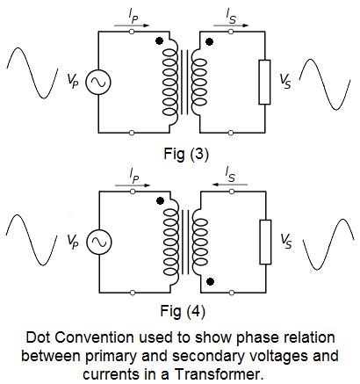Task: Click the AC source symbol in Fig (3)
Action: tap(98, 82)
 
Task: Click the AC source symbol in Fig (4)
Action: tap(99, 242)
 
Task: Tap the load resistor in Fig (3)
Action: tap(264, 82)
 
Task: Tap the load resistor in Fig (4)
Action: tap(265, 242)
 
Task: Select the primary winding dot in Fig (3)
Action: tap(159, 41)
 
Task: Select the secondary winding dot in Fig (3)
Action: tap(209, 42)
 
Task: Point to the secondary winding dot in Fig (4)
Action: tap(210, 281)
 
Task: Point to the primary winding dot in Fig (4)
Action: tap(160, 200)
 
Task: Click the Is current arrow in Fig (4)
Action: tap(230, 185)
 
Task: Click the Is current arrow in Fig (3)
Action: tap(231, 25)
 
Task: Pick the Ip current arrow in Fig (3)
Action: tap(132, 25)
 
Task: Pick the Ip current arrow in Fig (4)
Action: tap(133, 185)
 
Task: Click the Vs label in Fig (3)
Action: tap(285, 81)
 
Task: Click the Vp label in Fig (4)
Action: tap(73, 242)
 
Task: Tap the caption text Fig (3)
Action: tap(186, 154)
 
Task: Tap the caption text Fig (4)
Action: tap(183, 311)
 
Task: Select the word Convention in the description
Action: tap(94, 337)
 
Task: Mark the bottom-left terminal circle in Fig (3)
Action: tap(132, 133)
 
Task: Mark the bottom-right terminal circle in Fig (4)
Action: tap(232, 293)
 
